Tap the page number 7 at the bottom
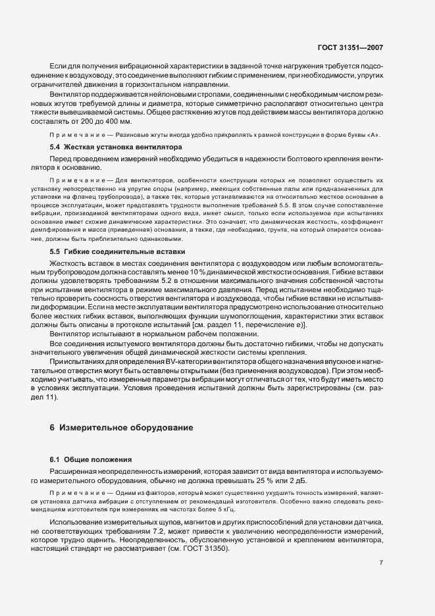pos(381,563)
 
